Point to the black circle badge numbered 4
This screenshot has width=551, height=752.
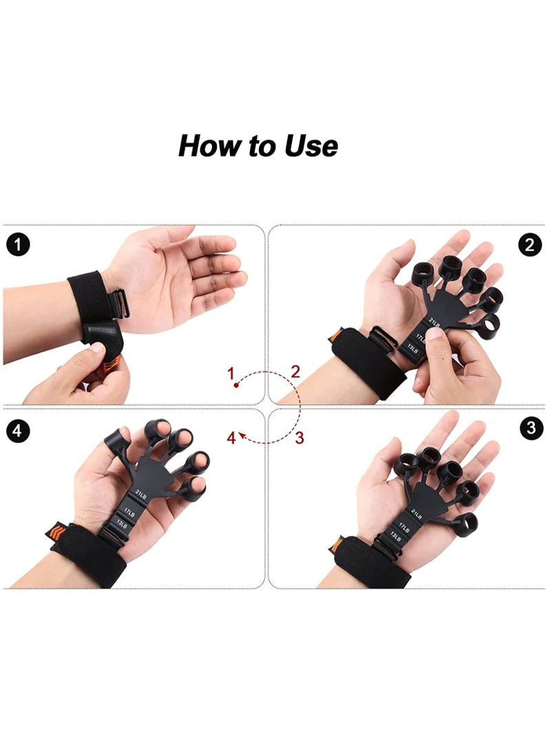pyautogui.click(x=18, y=431)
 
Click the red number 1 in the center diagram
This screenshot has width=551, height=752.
pyautogui.click(x=232, y=374)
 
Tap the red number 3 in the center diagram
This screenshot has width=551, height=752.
pyautogui.click(x=299, y=437)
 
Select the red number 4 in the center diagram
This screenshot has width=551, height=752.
pyautogui.click(x=232, y=438)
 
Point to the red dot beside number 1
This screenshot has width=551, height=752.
pyautogui.click(x=236, y=386)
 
